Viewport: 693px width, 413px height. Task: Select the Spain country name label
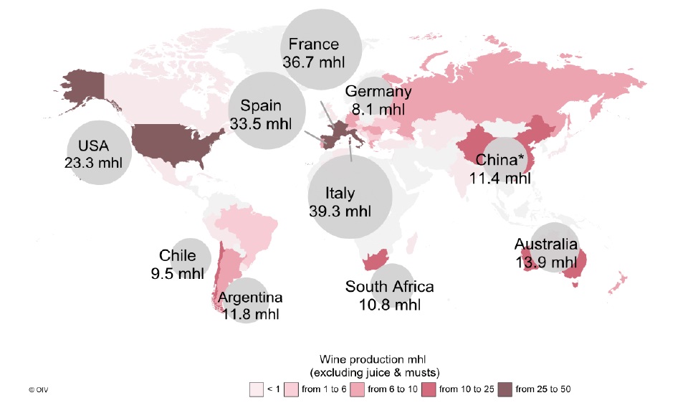tap(261, 105)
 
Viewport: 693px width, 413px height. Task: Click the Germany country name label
tap(378, 92)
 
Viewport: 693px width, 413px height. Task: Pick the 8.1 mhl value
tap(378, 110)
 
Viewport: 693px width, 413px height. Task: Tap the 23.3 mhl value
tap(93, 163)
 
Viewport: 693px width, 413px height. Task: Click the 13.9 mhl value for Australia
tap(545, 262)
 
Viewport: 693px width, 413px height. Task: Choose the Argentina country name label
tap(250, 297)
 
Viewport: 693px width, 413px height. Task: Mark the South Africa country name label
tap(389, 288)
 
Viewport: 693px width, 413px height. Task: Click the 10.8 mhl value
tap(389, 305)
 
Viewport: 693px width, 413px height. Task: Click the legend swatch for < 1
tap(257, 389)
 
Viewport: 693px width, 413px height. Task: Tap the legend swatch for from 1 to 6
tap(291, 389)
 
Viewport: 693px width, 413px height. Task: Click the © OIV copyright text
tap(37, 390)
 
